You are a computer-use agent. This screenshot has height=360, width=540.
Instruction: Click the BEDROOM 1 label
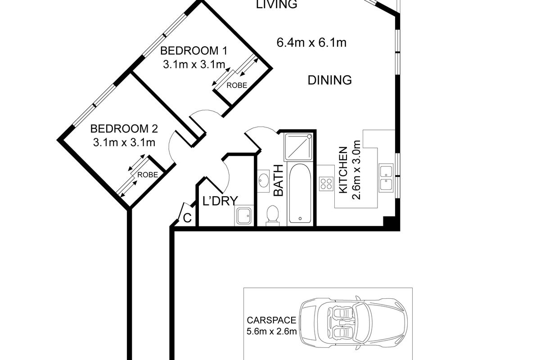(193, 51)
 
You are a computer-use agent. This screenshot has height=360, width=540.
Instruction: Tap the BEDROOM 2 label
(124, 129)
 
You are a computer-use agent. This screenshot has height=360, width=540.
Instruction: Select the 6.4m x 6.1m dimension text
(311, 43)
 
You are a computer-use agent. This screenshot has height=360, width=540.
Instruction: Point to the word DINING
(329, 80)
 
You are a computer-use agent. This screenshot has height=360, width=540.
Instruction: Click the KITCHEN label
(343, 170)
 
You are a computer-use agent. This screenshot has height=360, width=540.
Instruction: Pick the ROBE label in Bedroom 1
(237, 85)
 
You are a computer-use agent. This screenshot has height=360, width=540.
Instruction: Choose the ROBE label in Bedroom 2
(148, 175)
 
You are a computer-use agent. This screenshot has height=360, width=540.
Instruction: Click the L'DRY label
(220, 201)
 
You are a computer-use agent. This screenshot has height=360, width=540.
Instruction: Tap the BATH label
(278, 180)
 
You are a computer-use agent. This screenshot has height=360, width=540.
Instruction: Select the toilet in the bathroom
(273, 216)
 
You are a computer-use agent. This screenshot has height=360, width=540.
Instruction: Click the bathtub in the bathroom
(300, 193)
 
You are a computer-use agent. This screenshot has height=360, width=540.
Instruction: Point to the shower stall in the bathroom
(298, 147)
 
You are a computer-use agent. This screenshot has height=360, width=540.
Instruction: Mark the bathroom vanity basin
(264, 180)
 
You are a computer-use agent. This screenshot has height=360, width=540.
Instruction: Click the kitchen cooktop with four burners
(326, 184)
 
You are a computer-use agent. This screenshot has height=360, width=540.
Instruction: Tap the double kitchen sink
(386, 178)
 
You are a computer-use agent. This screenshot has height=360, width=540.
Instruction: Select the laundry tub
(244, 216)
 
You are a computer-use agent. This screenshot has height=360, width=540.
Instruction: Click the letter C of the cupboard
(187, 218)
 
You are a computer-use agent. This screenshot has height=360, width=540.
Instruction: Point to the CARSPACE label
(271, 320)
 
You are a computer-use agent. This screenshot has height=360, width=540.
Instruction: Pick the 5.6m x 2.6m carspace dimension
(271, 331)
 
